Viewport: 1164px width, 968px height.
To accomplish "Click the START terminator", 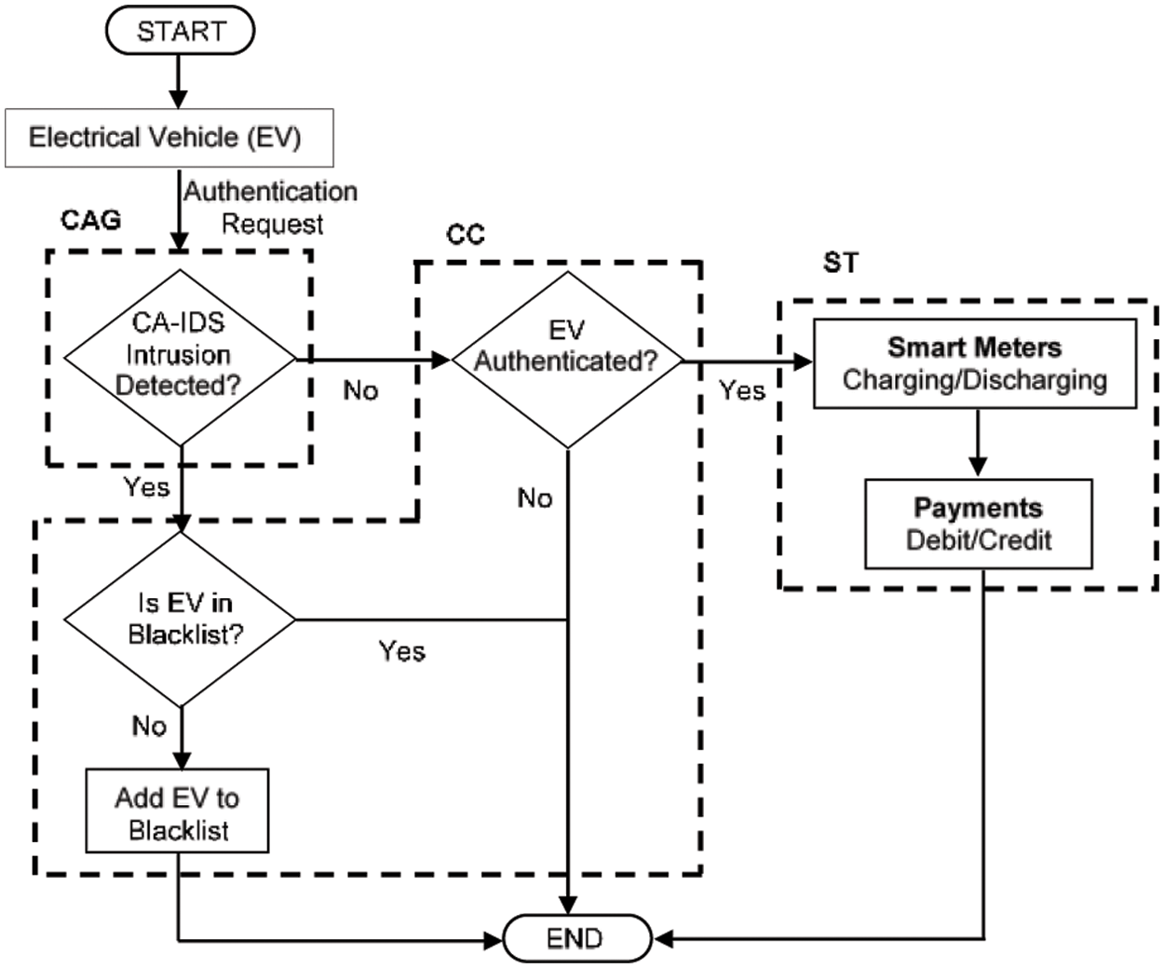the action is pyautogui.click(x=180, y=31).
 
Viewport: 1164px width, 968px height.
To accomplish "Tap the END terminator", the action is pyautogui.click(x=577, y=938).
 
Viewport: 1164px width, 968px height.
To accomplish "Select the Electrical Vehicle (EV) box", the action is pyautogui.click(x=169, y=138).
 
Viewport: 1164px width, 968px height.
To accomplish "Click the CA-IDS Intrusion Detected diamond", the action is pyautogui.click(x=180, y=358).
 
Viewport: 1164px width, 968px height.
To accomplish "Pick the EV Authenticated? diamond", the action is pyautogui.click(x=567, y=360).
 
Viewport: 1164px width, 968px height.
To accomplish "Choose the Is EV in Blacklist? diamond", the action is pyautogui.click(x=180, y=620).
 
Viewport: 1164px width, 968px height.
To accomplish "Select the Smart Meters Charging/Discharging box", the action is pyautogui.click(x=975, y=363).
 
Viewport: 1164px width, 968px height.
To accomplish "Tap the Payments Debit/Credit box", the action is pyautogui.click(x=979, y=524).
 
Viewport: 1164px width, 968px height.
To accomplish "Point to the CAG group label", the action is pyautogui.click(x=91, y=220).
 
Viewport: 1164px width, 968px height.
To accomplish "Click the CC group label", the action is pyautogui.click(x=466, y=235).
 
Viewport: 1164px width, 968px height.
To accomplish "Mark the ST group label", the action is pyautogui.click(x=841, y=263).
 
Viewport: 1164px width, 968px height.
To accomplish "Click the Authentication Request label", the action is pyautogui.click(x=272, y=208).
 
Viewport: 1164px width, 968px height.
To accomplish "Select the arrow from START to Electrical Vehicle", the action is pyautogui.click(x=179, y=81).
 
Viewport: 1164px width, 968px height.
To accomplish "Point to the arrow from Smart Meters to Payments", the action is pyautogui.click(x=978, y=443).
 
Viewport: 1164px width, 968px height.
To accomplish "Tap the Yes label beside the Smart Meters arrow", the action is pyautogui.click(x=742, y=390).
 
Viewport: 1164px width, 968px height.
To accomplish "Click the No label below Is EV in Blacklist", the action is pyautogui.click(x=149, y=726).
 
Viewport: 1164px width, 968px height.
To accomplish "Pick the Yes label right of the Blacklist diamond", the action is pyautogui.click(x=402, y=651).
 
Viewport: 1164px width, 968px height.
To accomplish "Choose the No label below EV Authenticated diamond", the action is pyautogui.click(x=535, y=498).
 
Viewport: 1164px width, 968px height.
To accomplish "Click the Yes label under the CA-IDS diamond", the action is pyautogui.click(x=146, y=487).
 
